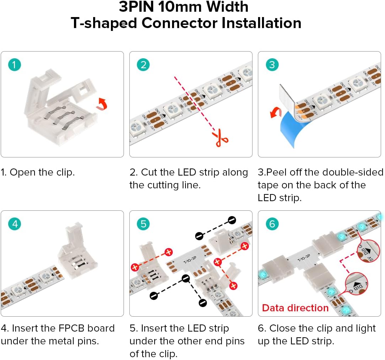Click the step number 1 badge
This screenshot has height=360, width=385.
pyautogui.click(x=15, y=65)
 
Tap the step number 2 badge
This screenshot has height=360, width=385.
pyautogui.click(x=143, y=65)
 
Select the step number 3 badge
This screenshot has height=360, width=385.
pyautogui.click(x=272, y=65)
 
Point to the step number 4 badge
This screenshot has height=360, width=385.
pyautogui.click(x=15, y=224)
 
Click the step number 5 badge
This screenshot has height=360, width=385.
pyautogui.click(x=143, y=224)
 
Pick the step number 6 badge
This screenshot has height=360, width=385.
pyautogui.click(x=272, y=224)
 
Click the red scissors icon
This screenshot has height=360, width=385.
pyautogui.click(x=221, y=139)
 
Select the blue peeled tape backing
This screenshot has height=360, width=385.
pyautogui.click(x=292, y=131)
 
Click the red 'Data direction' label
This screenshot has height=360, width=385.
pyautogui.click(x=295, y=308)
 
